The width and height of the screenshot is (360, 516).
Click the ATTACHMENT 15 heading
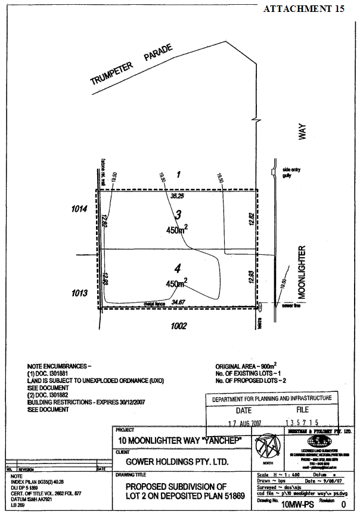(x=303, y=8)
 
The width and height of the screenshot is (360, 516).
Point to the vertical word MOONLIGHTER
(x=302, y=272)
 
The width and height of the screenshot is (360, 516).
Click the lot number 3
(x=178, y=214)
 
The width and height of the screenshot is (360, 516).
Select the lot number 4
(x=177, y=268)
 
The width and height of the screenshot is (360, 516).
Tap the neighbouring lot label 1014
(x=79, y=209)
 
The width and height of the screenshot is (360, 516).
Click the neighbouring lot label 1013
(x=79, y=293)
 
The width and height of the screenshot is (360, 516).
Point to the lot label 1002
(x=178, y=326)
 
